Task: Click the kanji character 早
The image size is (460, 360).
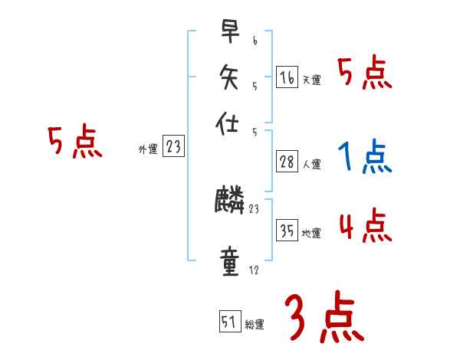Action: pos(229,33)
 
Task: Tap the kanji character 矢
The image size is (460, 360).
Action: pos(229,77)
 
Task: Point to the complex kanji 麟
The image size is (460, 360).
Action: pos(229,201)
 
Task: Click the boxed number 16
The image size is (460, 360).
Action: pos(287,77)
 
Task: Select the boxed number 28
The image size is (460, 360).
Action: pos(287,161)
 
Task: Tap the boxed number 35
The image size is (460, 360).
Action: pos(287,231)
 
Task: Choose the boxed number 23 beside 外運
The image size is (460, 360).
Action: pos(173,147)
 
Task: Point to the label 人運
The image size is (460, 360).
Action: pos(312,164)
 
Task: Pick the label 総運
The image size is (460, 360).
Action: pos(255,324)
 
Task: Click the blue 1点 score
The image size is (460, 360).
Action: pos(364,157)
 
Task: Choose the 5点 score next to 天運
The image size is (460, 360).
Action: pos(364,74)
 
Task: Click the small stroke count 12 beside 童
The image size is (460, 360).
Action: pos(254,270)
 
